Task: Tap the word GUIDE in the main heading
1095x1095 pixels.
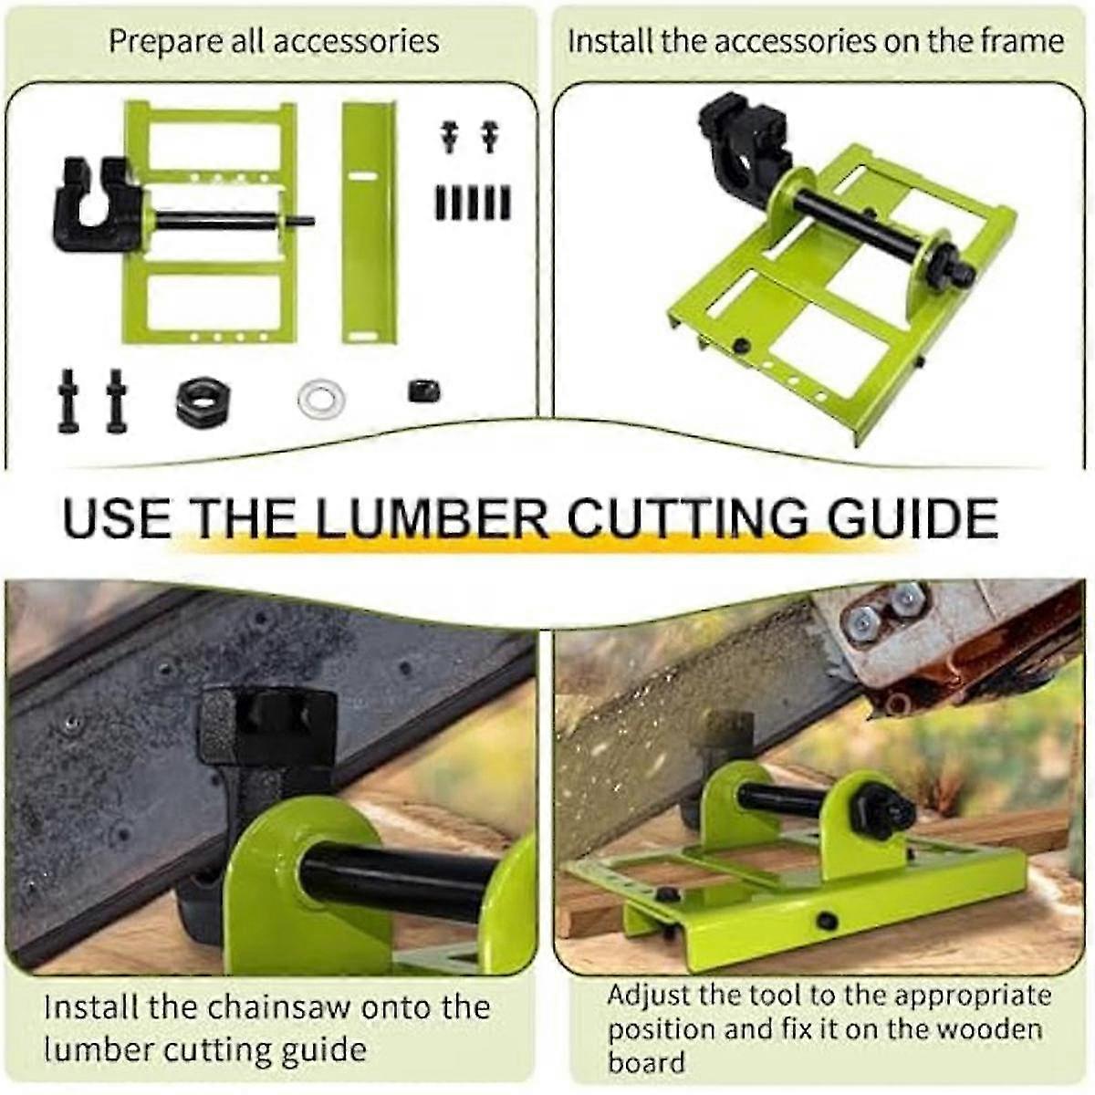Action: (x=912, y=517)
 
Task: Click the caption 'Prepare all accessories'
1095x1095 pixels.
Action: (x=274, y=41)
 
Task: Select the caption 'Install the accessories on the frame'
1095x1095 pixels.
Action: (x=815, y=41)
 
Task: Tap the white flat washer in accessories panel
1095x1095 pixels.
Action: (x=321, y=400)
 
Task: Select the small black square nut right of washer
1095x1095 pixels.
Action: (x=424, y=391)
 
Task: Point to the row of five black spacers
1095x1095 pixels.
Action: (x=472, y=202)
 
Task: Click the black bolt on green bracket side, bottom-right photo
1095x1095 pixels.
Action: (x=827, y=921)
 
